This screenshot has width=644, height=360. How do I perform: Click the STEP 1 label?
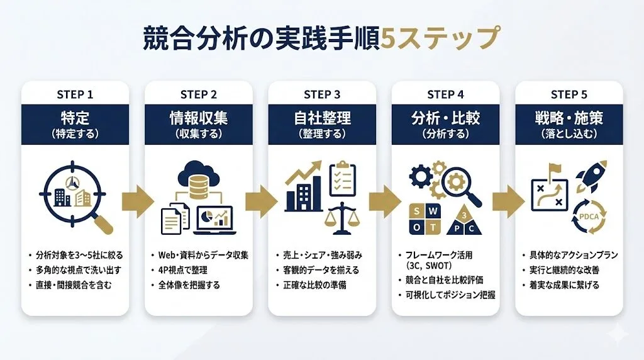pos(75,94)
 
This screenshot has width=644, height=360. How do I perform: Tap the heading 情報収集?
pos(198,118)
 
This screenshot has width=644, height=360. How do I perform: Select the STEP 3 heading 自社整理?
pos(322,118)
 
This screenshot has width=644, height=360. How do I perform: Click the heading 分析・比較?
pos(445,118)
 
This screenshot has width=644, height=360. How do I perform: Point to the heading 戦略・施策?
pos(569,118)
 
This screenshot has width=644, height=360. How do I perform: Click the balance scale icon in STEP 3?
pos(341,216)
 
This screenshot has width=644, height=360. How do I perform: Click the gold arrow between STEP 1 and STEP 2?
pos(137,201)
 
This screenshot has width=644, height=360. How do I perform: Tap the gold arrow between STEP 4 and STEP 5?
pos(507,201)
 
